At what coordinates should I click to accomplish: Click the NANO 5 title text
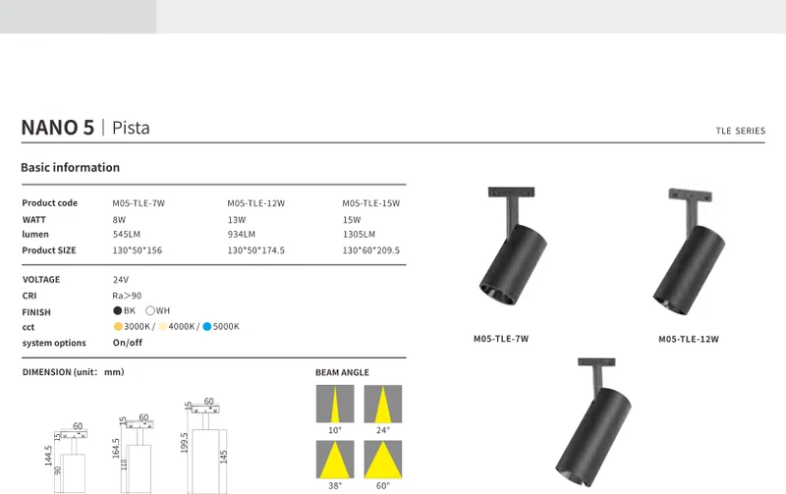[x=58, y=128]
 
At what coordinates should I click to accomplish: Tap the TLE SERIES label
[x=741, y=131]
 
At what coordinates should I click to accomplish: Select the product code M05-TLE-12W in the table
[x=256, y=203]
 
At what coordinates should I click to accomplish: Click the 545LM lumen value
[x=127, y=235]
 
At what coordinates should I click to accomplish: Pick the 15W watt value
[x=352, y=220]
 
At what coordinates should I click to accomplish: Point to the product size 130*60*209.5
[x=371, y=250]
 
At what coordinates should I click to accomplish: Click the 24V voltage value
[x=121, y=280]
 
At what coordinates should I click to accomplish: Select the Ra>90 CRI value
[x=127, y=296]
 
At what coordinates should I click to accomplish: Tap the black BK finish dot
[x=118, y=310]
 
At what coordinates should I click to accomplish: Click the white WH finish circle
[x=150, y=310]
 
